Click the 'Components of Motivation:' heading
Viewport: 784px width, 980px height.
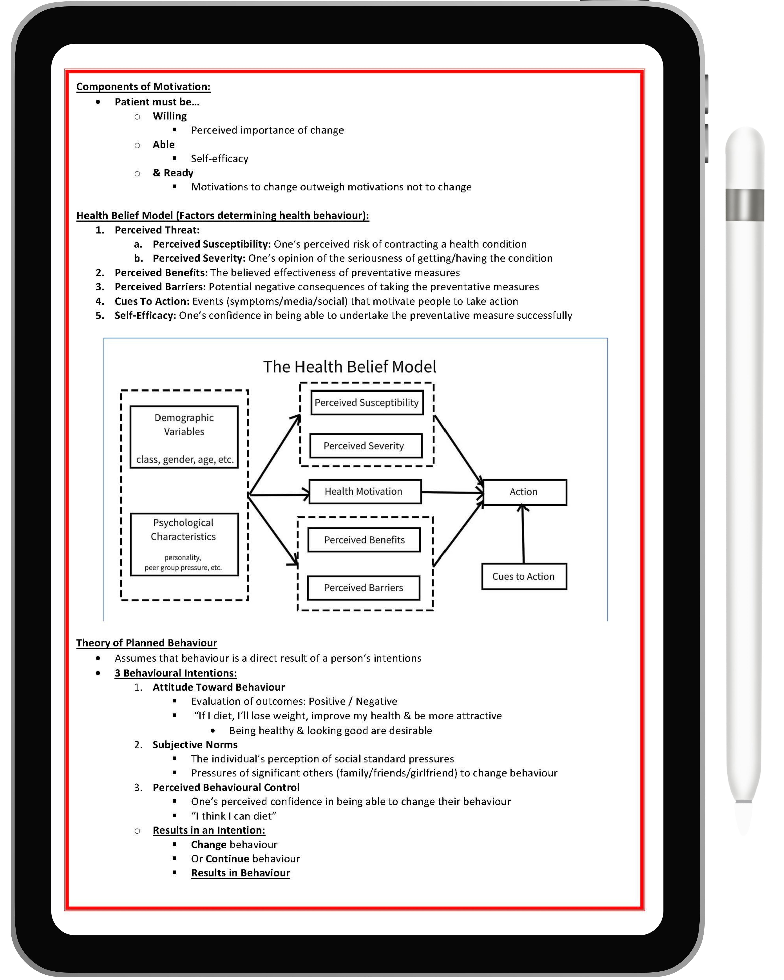coord(143,87)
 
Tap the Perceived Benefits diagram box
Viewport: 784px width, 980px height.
coord(364,540)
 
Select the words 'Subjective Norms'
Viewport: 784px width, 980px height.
coord(195,744)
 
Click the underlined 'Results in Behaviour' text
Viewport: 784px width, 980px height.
coord(240,873)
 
